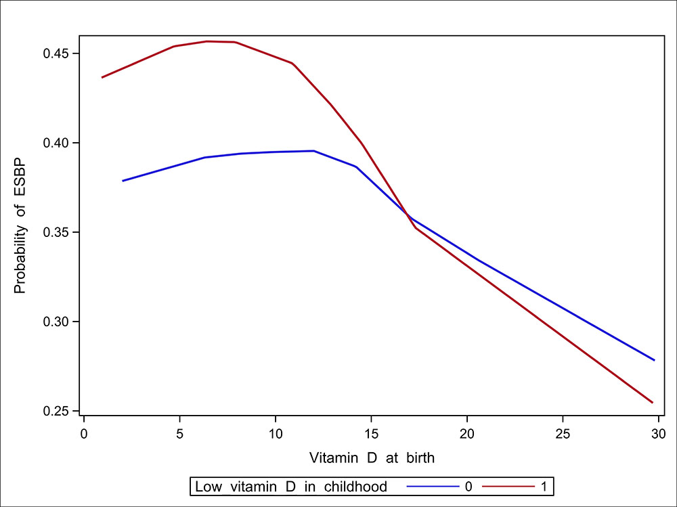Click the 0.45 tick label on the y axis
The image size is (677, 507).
point(56,53)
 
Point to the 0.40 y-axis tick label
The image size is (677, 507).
point(56,143)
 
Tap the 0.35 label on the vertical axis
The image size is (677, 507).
point(56,232)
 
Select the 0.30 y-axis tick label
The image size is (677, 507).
point(56,322)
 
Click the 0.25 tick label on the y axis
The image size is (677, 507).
point(56,411)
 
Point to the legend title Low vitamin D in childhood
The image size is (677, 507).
point(291,486)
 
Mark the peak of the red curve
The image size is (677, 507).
point(207,41)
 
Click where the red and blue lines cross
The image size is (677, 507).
point(408,217)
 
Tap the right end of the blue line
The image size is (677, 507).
point(655,360)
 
